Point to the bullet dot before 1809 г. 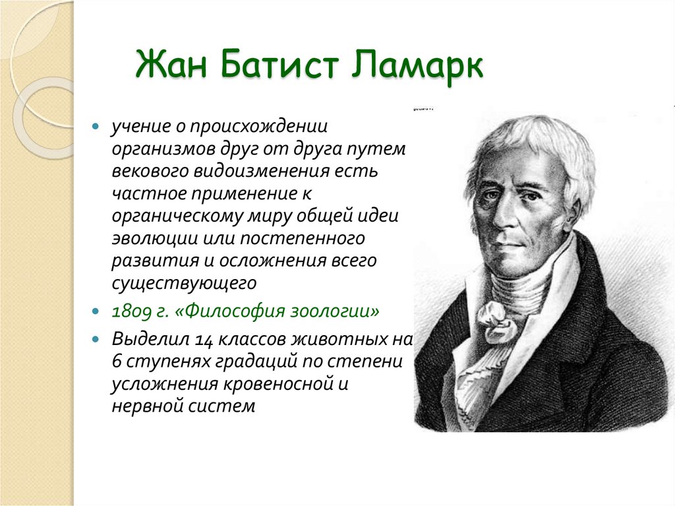point(96,310)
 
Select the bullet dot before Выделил point(96,340)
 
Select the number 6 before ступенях point(117,362)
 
